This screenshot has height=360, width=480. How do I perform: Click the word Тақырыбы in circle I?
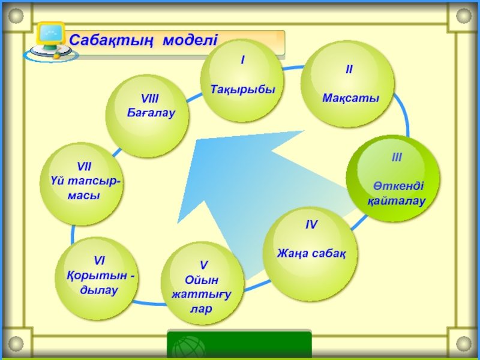pyautogui.click(x=242, y=89)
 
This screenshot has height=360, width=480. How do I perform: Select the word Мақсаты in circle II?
pyautogui.click(x=351, y=98)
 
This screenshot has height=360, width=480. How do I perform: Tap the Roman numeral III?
pyautogui.click(x=397, y=158)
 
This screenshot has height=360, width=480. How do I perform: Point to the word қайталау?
pyautogui.click(x=397, y=201)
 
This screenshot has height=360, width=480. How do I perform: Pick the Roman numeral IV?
pyautogui.click(x=311, y=225)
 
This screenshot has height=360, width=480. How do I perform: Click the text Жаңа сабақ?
pyautogui.click(x=311, y=253)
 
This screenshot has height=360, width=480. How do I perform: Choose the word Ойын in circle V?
pyautogui.click(x=202, y=280)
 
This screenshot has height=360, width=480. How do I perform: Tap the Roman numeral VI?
pyautogui.click(x=99, y=260)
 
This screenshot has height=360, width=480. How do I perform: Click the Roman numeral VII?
pyautogui.click(x=84, y=166)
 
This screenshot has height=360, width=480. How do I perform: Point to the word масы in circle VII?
pyautogui.click(x=84, y=196)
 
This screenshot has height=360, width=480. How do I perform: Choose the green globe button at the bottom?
pyautogui.click(x=190, y=348)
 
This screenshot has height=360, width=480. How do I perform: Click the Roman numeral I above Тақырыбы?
pyautogui.click(x=242, y=60)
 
